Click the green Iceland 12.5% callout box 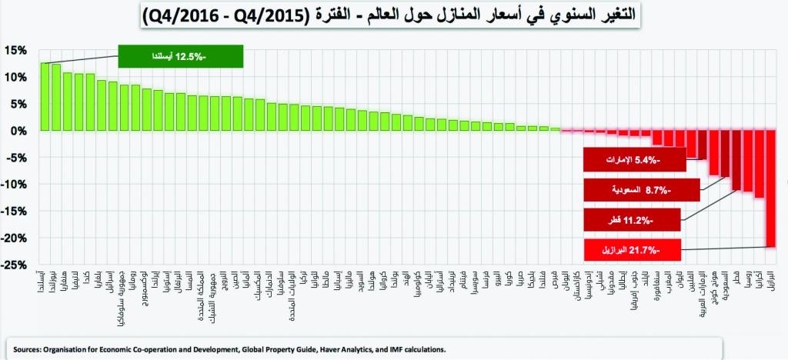(181, 56)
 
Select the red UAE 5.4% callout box (632, 160)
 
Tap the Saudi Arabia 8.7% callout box (642, 189)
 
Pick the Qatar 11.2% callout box (632, 219)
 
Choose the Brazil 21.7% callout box (632, 249)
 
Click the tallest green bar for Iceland (45, 96)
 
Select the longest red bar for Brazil (770, 188)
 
